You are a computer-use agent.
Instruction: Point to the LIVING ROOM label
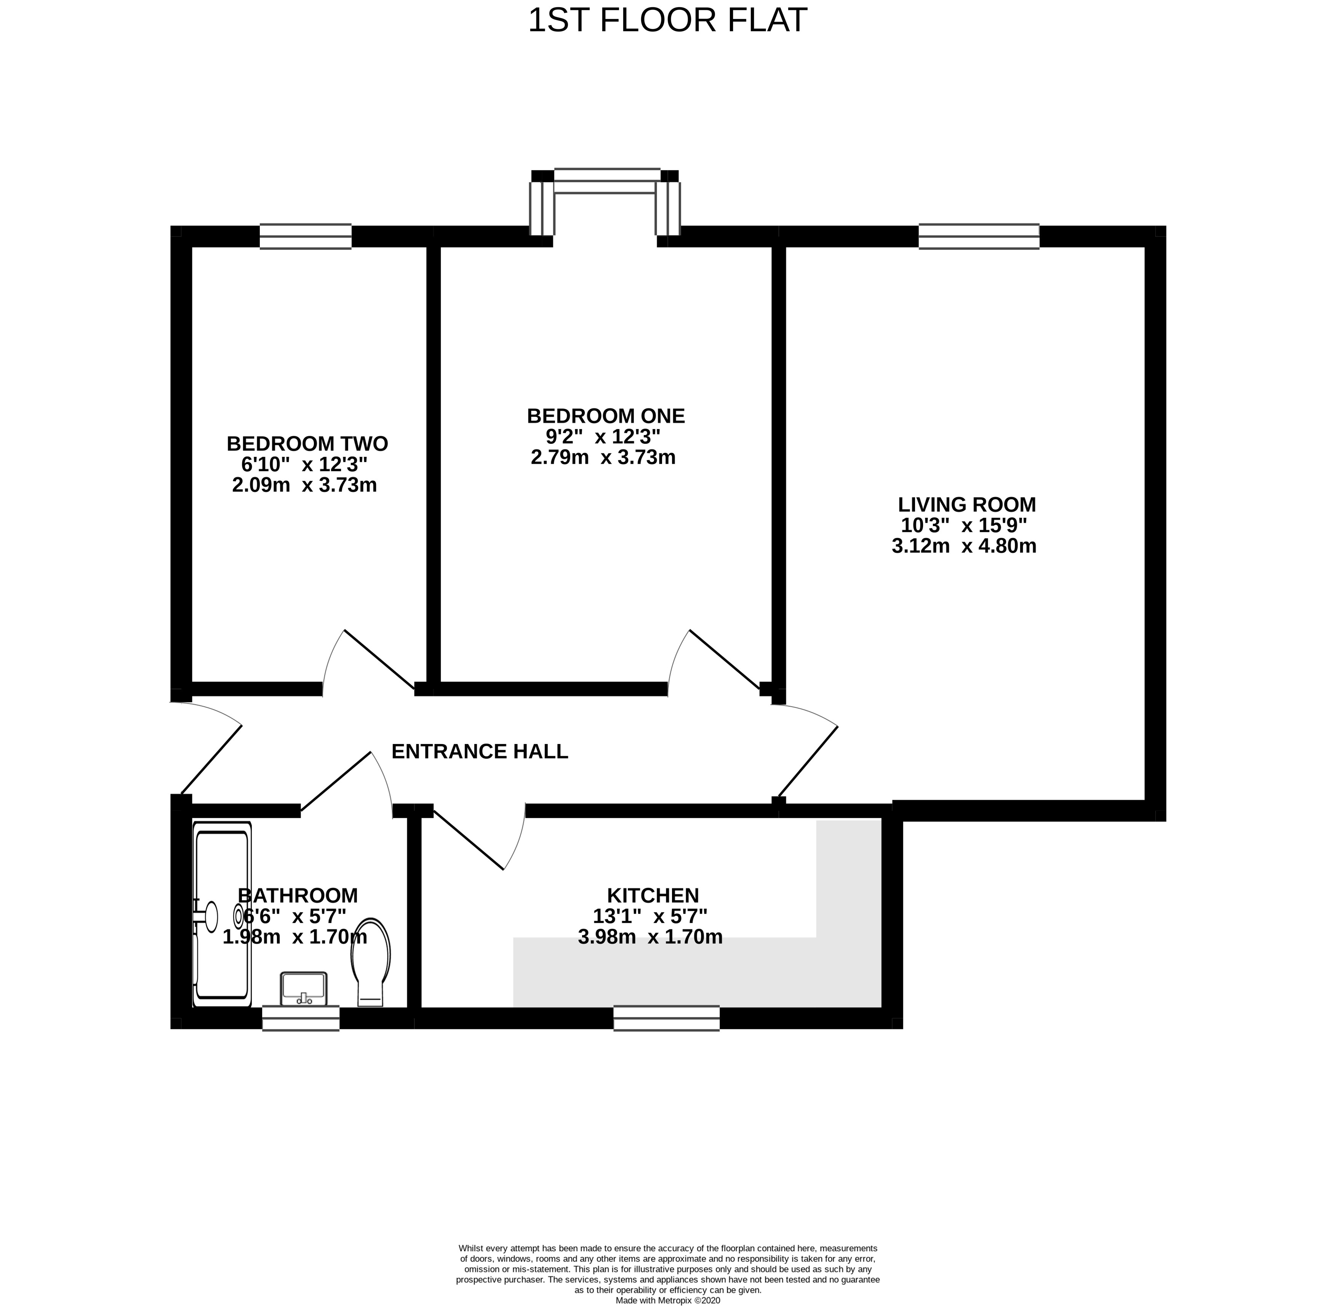(966, 505)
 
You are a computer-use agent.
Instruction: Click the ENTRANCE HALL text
(479, 752)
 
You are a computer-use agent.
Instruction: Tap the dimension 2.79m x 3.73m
(603, 458)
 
